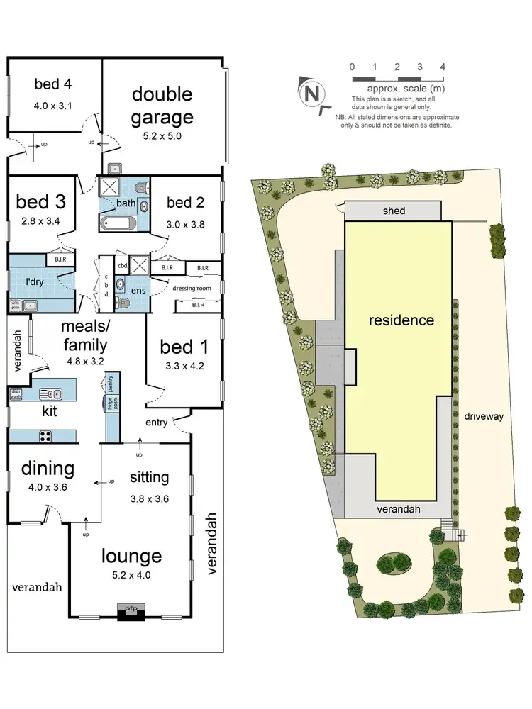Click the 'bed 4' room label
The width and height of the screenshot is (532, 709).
tap(53, 84)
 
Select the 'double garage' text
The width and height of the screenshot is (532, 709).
tap(162, 105)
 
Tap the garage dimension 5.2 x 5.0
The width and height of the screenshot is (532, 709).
tap(162, 136)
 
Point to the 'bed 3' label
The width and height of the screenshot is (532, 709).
tap(41, 201)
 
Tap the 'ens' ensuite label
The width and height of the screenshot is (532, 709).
tap(138, 291)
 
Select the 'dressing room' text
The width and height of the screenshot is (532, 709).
tap(192, 289)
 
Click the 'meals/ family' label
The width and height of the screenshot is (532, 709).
tap(84, 336)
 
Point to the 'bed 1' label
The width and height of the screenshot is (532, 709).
tap(184, 347)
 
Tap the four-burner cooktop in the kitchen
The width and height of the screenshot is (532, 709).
tap(48, 435)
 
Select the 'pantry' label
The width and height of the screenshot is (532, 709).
tap(111, 385)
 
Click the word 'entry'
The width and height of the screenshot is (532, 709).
tap(157, 423)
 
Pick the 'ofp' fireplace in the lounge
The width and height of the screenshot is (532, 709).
tap(131, 608)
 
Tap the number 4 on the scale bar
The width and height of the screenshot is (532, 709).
tap(443, 67)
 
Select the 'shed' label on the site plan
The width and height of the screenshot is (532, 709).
tap(394, 211)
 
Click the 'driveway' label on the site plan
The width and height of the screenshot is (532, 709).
tap(484, 416)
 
